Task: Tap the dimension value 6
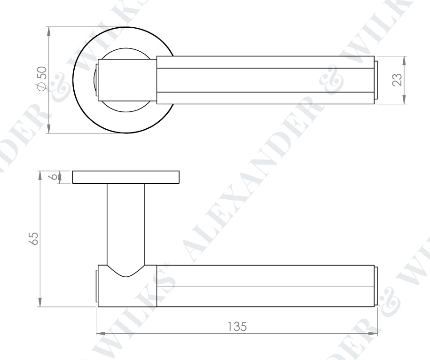(x=55, y=177)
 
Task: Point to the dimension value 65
(x=33, y=238)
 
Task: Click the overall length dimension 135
(x=237, y=326)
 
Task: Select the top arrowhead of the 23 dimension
(x=405, y=60)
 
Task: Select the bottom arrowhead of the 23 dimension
(x=405, y=100)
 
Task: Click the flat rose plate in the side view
(x=126, y=177)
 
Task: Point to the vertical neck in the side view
(x=125, y=221)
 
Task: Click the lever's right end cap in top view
(x=376, y=80)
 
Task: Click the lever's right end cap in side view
(x=376, y=286)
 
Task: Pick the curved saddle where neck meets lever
(x=125, y=271)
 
